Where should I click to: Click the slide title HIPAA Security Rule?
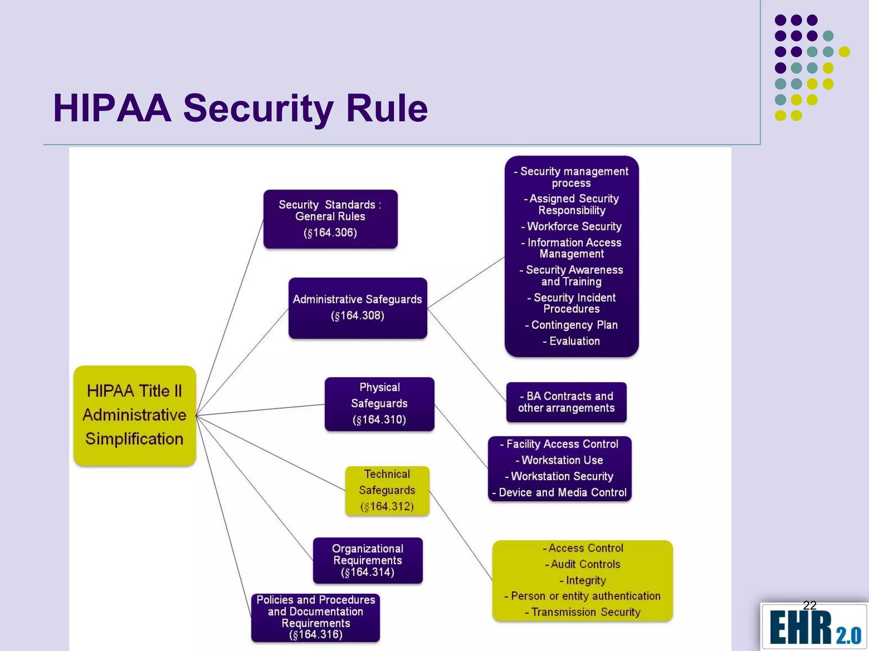[x=240, y=108]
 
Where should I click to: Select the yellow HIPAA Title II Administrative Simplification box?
[x=135, y=415]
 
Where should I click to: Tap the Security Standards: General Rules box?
[x=330, y=219]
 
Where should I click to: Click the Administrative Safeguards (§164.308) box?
[x=357, y=308]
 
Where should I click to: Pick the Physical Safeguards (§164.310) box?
[x=379, y=403]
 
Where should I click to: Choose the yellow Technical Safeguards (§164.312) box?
[x=387, y=490]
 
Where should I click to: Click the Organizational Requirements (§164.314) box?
[x=367, y=560]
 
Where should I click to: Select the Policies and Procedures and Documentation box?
[x=315, y=617]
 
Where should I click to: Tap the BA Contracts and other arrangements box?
[x=566, y=402]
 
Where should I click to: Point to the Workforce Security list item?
[x=572, y=226]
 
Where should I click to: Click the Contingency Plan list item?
[x=572, y=325]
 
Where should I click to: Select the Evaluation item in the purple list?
[x=572, y=341]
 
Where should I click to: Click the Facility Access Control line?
[x=559, y=444]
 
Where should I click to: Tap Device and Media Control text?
[x=559, y=492]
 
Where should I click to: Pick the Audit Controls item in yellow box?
[x=583, y=564]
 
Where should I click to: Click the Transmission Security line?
[x=583, y=612]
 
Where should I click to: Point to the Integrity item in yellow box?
[x=583, y=580]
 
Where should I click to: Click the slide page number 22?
[x=810, y=605]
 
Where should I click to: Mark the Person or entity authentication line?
[x=583, y=596]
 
